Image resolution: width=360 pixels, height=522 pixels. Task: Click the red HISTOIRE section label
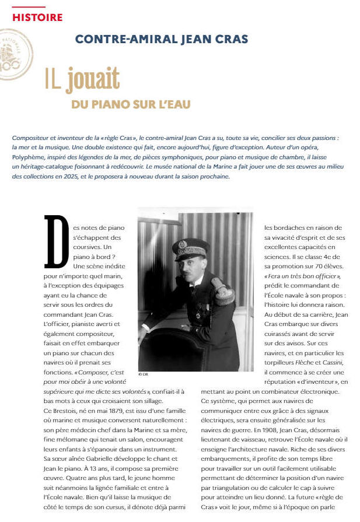pos(37,17)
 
